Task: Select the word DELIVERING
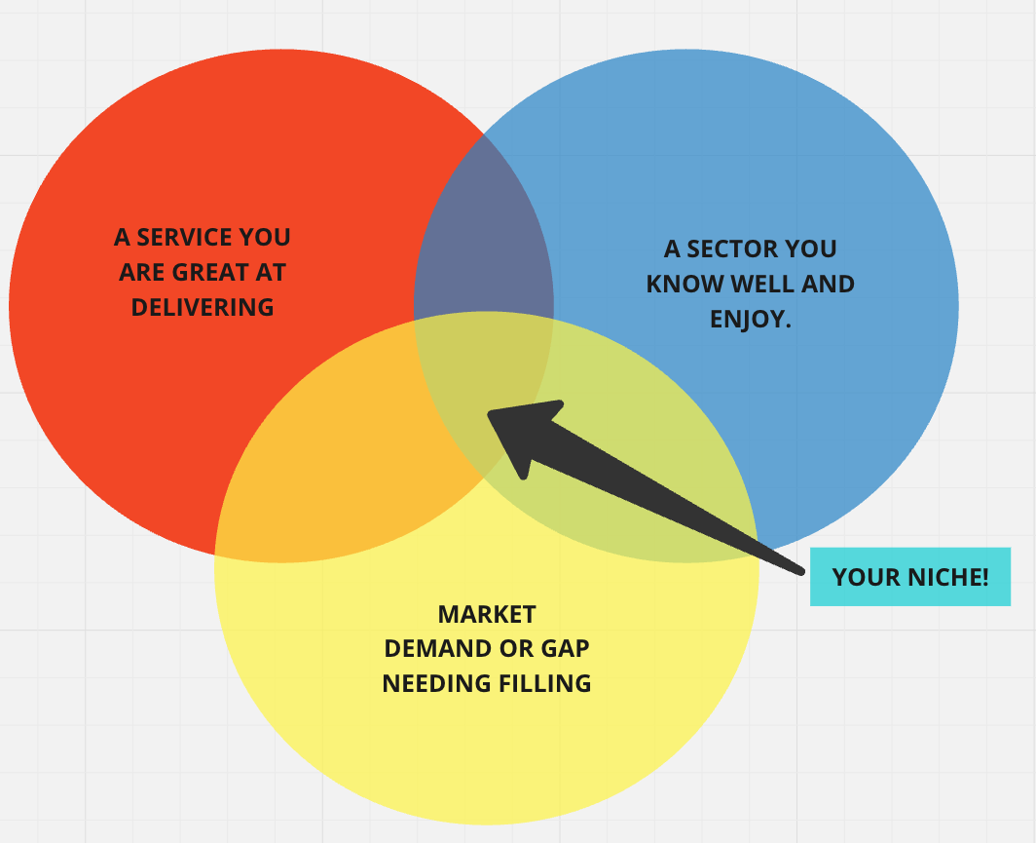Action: [203, 307]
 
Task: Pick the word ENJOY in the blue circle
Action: [747, 320]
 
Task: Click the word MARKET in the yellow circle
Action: [487, 615]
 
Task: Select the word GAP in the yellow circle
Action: [566, 649]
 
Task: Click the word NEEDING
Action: [437, 683]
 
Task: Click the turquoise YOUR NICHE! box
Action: [910, 577]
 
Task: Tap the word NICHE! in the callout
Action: [948, 577]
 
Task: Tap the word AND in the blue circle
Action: [828, 285]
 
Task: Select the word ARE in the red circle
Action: [141, 273]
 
